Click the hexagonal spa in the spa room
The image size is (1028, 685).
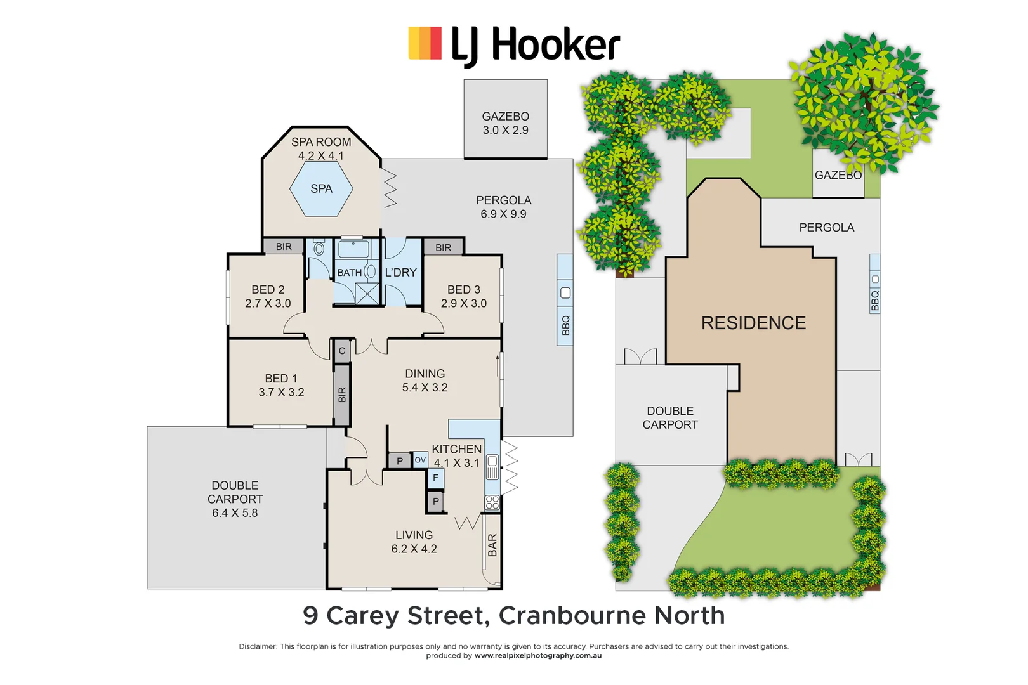point(321,189)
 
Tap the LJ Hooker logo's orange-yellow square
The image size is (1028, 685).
point(425,43)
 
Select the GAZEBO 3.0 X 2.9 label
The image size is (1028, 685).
point(505,123)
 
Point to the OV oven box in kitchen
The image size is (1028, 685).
point(420,460)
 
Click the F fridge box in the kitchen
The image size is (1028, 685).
point(435,478)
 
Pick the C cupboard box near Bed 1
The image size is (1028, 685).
point(342,351)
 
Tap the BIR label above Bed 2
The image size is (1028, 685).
point(284,247)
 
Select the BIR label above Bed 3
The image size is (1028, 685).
point(444,247)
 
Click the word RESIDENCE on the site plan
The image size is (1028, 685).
point(753,323)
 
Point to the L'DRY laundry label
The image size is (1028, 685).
point(400,272)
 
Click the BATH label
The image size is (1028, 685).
point(349,273)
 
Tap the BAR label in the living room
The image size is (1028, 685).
point(492,545)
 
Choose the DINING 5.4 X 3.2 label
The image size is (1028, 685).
point(425,381)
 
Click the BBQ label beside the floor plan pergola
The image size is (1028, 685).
point(565,325)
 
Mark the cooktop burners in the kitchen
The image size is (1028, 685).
point(492,503)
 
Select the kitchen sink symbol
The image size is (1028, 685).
point(492,468)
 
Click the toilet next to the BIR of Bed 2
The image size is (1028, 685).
point(319,248)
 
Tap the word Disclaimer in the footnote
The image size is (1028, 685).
point(258,646)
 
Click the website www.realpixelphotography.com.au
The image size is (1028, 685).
point(538,656)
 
